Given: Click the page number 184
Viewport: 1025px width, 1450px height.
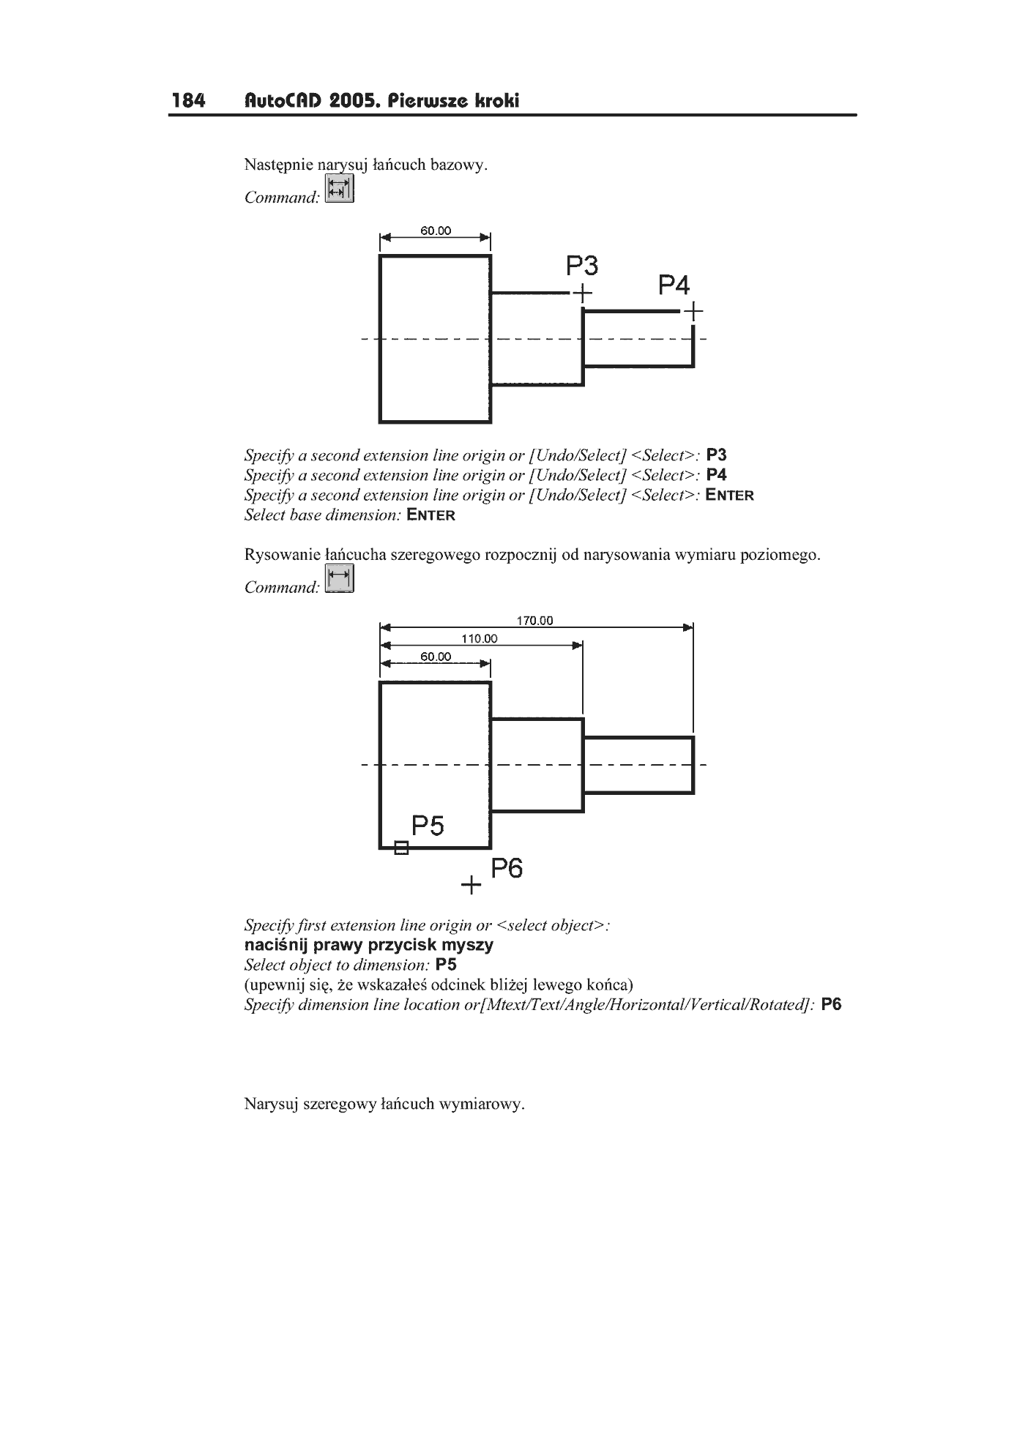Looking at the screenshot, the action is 189,100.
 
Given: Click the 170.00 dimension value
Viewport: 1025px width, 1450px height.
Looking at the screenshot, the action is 535,621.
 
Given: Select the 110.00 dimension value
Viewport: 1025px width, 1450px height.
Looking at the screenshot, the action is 480,638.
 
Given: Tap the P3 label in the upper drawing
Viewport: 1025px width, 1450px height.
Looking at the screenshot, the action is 583,265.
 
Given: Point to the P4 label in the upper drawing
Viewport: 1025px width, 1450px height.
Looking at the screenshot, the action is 674,285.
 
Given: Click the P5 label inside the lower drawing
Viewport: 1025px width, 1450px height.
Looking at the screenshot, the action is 428,826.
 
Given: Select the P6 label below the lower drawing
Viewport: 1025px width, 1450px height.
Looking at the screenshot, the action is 507,869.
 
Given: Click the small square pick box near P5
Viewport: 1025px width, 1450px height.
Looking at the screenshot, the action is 401,848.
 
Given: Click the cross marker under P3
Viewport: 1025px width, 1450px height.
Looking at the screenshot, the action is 582,294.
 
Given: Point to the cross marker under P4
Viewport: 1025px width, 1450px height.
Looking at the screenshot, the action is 693,312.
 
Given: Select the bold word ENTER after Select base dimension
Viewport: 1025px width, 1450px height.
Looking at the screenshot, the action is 431,515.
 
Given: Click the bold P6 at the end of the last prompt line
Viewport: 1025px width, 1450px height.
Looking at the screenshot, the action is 832,1004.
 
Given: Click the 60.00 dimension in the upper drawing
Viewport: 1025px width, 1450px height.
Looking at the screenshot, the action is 436,231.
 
